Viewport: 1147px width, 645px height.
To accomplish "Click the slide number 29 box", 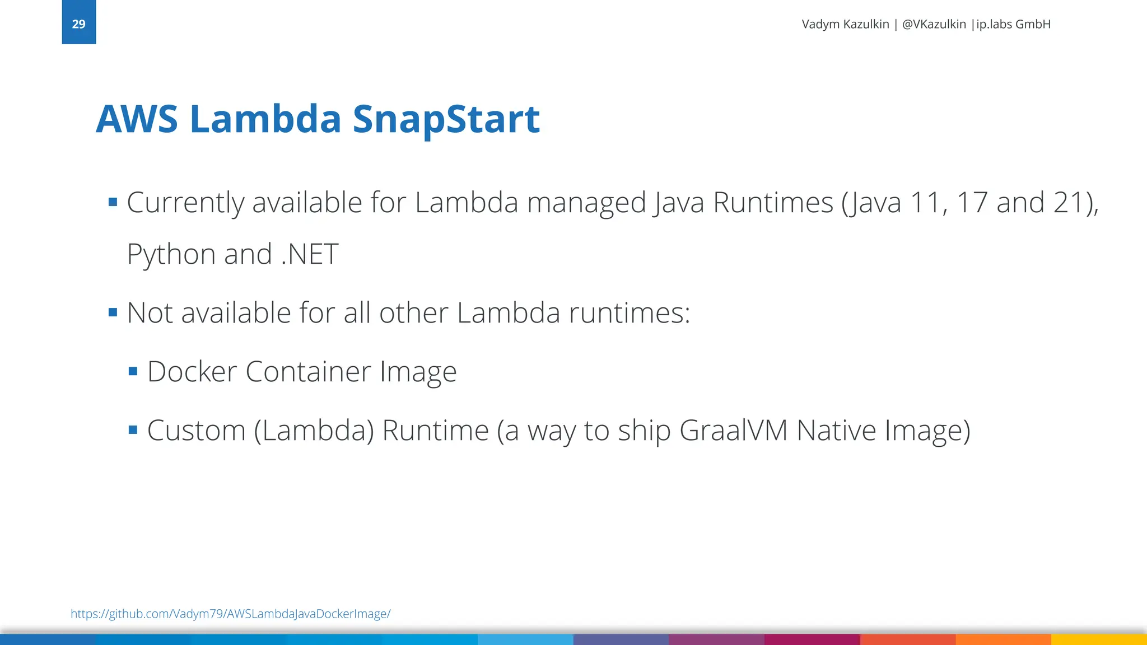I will point(78,23).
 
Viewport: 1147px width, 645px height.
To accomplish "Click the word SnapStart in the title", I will point(446,119).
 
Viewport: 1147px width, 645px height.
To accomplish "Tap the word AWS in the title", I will point(137,119).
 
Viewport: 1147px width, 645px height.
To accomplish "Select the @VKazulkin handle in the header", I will point(934,24).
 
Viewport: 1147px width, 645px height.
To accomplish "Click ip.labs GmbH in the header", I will point(1013,24).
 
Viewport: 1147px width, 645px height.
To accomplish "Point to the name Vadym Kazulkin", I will point(845,24).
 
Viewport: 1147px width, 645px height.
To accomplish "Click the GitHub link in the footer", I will point(230,614).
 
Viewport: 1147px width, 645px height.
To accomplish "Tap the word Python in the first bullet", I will point(171,255).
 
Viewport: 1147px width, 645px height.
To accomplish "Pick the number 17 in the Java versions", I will point(972,203).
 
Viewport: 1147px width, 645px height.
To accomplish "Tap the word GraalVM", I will point(733,431).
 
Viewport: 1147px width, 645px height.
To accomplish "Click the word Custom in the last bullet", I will point(196,431).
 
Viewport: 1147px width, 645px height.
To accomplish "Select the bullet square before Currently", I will point(113,202).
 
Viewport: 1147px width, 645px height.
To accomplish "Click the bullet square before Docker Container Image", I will point(133,371).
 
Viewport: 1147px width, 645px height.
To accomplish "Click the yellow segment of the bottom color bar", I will point(1099,639).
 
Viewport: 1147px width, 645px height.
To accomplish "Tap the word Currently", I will point(185,203).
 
